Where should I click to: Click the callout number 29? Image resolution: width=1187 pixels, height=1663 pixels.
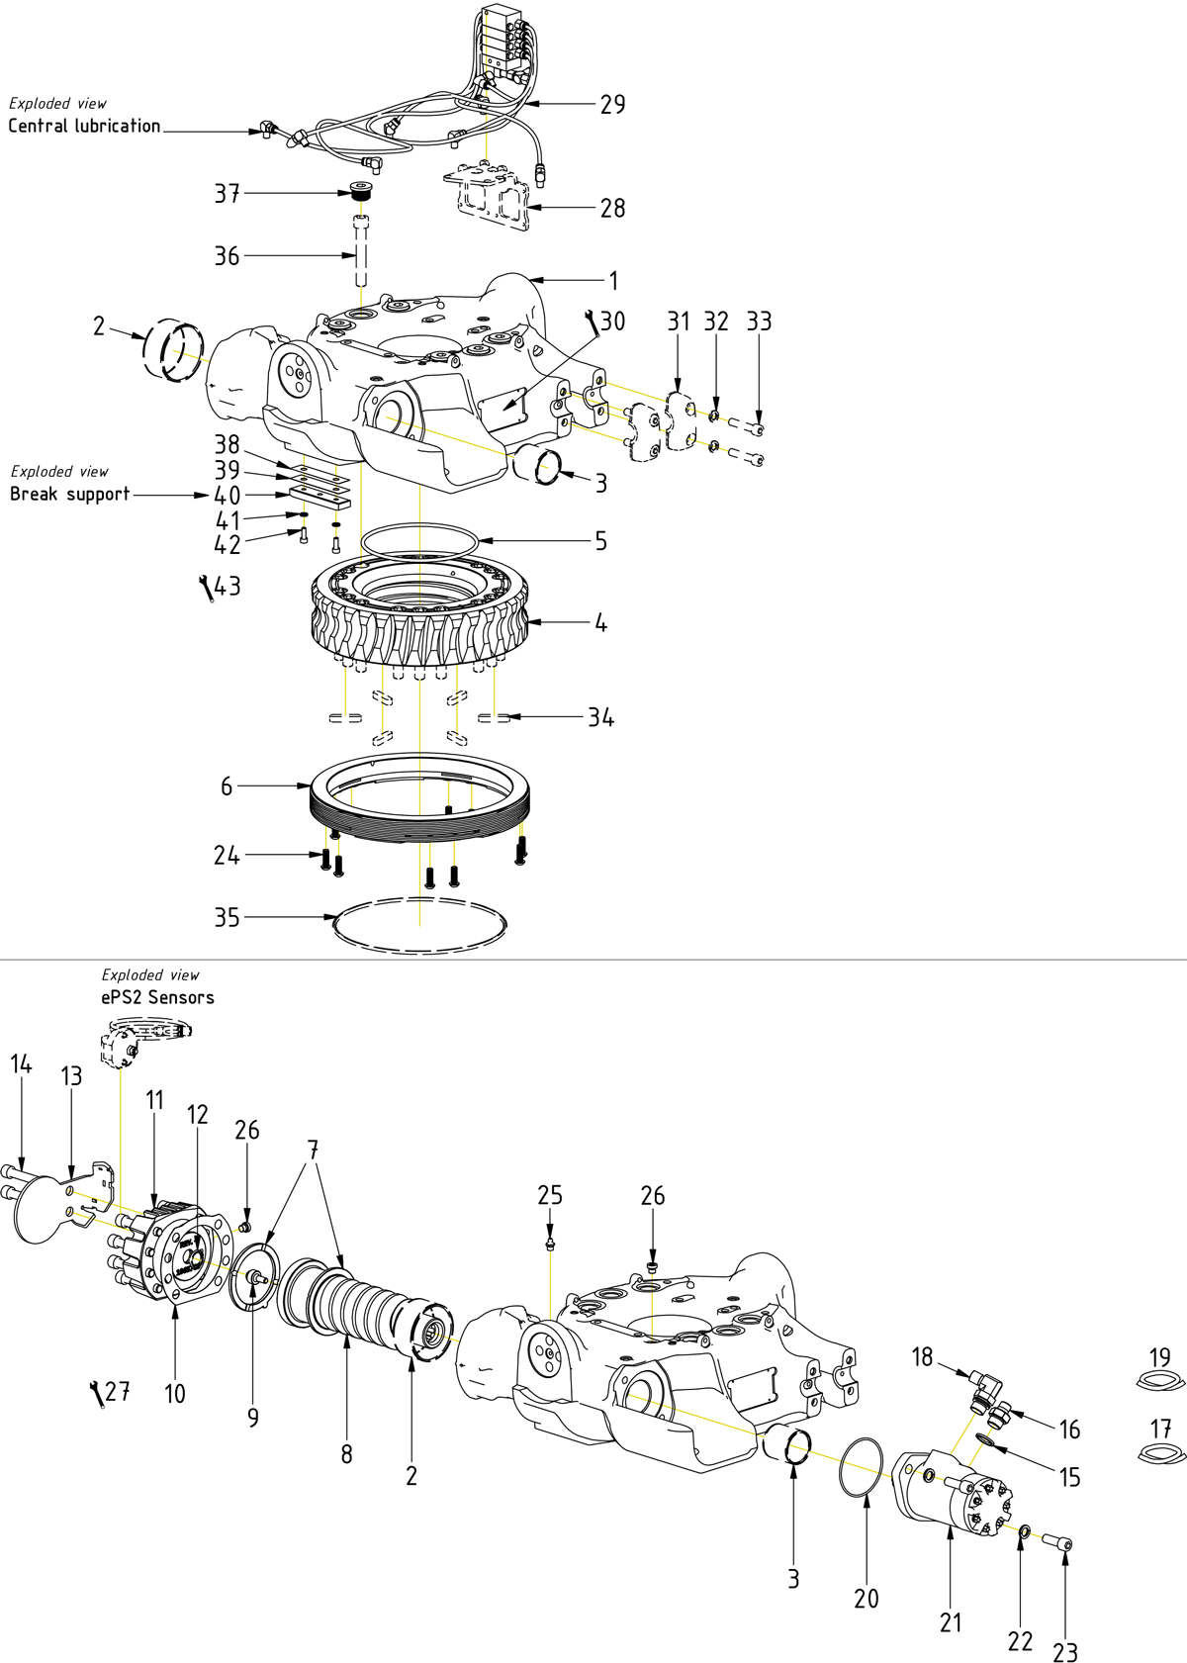pyautogui.click(x=612, y=104)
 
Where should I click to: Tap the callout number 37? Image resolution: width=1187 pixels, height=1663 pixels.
pyautogui.click(x=228, y=193)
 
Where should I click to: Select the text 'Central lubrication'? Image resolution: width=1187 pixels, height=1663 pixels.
pyautogui.click(x=84, y=126)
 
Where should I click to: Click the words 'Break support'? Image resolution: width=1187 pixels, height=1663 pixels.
pyautogui.click(x=70, y=494)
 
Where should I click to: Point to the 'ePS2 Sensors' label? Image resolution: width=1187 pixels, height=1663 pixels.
pyautogui.click(x=157, y=997)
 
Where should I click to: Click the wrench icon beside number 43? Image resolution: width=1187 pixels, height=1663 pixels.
pyautogui.click(x=206, y=588)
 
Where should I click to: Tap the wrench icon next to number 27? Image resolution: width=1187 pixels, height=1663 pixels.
pyautogui.click(x=96, y=1393)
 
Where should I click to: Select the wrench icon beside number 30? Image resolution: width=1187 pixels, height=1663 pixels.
pyautogui.click(x=593, y=322)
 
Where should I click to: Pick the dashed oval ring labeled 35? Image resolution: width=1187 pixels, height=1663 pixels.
pyautogui.click(x=420, y=925)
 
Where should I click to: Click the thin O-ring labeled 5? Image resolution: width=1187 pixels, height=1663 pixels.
pyautogui.click(x=420, y=540)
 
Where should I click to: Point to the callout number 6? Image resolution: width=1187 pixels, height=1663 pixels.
pyautogui.click(x=227, y=785)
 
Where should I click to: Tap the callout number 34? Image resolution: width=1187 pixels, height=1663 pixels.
pyautogui.click(x=600, y=717)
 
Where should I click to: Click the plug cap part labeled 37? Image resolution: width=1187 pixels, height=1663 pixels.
pyautogui.click(x=363, y=191)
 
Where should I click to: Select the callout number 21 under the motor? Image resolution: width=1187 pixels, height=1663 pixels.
pyautogui.click(x=951, y=1622)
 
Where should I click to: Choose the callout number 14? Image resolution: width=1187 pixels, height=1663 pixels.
pyautogui.click(x=21, y=1064)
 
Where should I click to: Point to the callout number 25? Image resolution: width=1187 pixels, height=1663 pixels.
pyautogui.click(x=550, y=1195)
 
